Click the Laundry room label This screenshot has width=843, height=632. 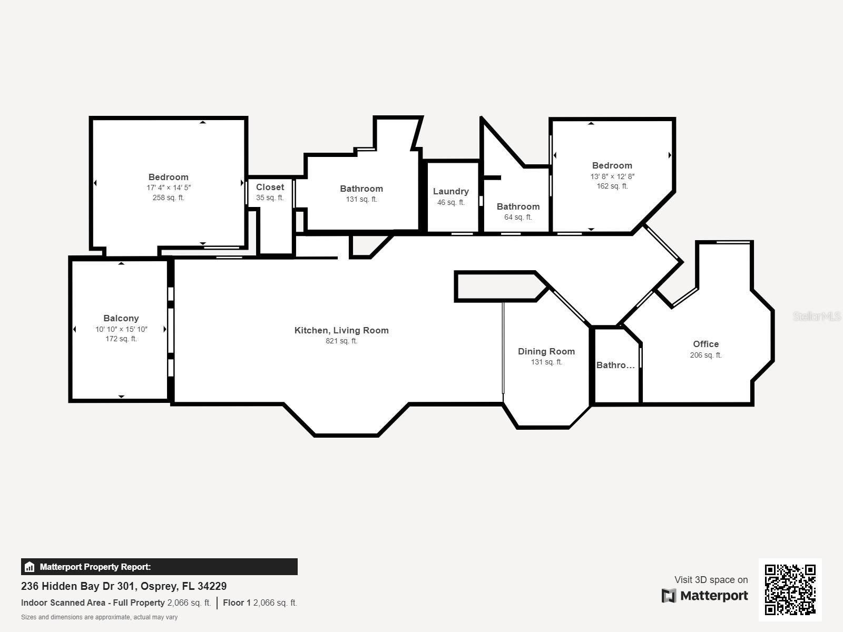tap(451, 192)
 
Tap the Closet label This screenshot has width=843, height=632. tap(270, 187)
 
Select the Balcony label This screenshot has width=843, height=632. tap(121, 319)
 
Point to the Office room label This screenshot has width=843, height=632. tap(706, 344)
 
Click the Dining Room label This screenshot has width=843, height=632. tap(546, 351)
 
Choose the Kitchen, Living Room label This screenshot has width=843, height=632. tap(341, 330)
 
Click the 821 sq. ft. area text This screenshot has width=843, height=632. tap(341, 341)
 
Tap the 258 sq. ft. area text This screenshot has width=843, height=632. tap(168, 197)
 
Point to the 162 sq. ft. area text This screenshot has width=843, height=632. tap(612, 186)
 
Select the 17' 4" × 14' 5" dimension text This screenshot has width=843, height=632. tap(168, 187)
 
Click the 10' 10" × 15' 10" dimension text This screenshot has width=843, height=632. tap(121, 329)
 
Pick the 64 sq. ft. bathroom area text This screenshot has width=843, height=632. tap(518, 217)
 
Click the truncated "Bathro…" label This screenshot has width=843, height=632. tap(615, 366)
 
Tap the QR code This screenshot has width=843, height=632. tap(790, 590)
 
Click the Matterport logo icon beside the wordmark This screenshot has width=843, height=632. tap(669, 596)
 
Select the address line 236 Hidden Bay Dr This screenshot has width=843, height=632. tap(124, 586)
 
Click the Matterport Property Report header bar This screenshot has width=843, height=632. tap(159, 567)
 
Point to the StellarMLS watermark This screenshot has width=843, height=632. tap(817, 316)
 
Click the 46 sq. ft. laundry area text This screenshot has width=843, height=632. tap(451, 202)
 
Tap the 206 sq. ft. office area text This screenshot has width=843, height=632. tap(706, 355)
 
